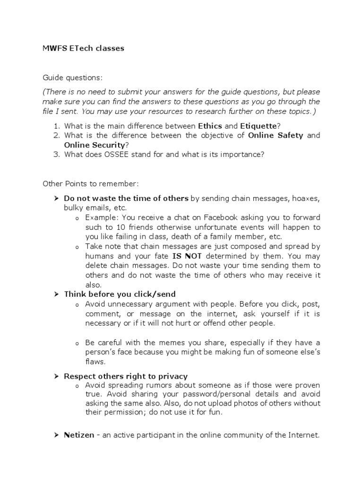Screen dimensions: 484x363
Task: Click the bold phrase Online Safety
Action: coord(276,135)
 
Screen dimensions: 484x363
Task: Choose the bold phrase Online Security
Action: coord(95,145)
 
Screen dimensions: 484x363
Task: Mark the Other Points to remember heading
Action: coord(91,183)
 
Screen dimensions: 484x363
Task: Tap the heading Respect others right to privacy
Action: coord(126,376)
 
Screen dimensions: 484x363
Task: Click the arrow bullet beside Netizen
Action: coord(55,435)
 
